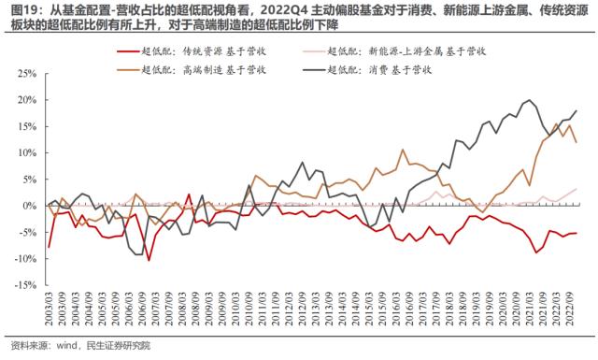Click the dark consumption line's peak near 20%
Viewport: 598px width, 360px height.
pyautogui.click(x=531, y=100)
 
